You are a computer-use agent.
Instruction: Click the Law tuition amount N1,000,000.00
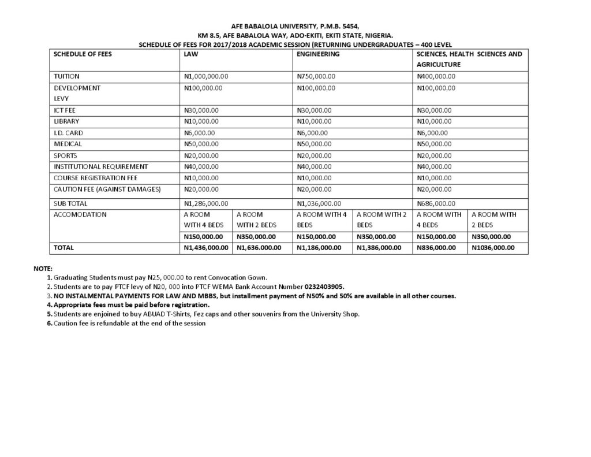pos(206,76)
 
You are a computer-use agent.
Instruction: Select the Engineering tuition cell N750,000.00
pos(316,76)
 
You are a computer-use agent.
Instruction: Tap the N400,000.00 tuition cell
pos(436,76)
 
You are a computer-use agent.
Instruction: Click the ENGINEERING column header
pos(317,54)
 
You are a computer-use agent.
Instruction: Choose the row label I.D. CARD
pos(68,133)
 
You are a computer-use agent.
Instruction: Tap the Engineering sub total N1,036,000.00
pos(319,203)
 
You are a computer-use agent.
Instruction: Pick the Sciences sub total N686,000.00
pos(436,203)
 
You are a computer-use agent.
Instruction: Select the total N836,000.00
pos(436,247)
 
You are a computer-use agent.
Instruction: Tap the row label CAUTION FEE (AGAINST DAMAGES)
pos(107,189)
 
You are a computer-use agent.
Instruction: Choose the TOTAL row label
pos(64,247)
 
